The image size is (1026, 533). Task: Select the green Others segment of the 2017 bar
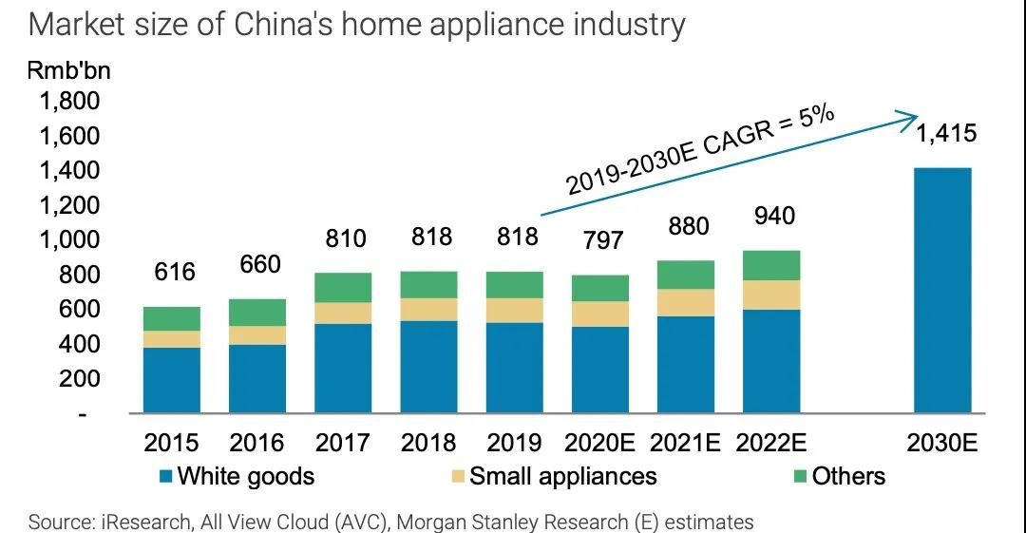click(343, 288)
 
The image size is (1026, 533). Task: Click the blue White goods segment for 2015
click(171, 380)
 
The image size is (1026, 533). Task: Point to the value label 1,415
click(945, 134)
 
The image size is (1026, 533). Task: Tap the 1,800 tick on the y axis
click(67, 102)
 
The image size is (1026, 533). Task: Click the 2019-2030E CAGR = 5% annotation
click(700, 151)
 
